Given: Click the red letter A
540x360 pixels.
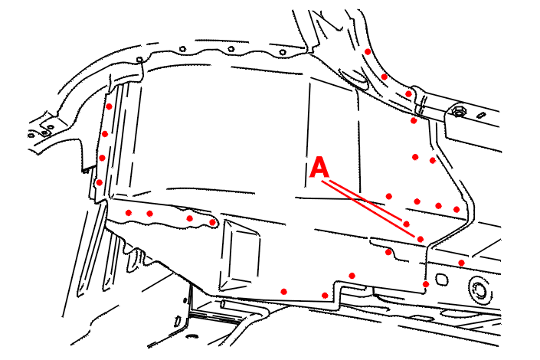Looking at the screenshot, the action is click(319, 167).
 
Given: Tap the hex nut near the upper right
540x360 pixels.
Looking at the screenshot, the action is click(458, 111).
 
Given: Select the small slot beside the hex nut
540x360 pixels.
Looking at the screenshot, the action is click(482, 115).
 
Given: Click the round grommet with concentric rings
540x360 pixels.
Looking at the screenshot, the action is click(479, 290).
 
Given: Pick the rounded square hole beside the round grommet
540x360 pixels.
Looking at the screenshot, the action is click(441, 279).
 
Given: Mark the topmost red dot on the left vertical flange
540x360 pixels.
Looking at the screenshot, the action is click(109, 106).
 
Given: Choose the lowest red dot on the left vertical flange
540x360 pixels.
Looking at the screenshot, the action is click(99, 182).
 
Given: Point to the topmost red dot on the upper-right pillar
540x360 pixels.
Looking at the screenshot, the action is click(368, 51).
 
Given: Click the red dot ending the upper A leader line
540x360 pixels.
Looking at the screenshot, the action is click(407, 224).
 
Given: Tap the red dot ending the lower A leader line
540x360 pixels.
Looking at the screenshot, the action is click(421, 239).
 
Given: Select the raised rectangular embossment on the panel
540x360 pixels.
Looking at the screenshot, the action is click(240, 256).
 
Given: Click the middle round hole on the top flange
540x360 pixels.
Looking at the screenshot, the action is click(231, 49).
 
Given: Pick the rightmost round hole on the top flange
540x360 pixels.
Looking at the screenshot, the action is click(283, 52).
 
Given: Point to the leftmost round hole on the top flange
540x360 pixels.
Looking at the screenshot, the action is click(183, 49).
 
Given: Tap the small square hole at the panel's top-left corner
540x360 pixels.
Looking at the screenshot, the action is click(139, 60).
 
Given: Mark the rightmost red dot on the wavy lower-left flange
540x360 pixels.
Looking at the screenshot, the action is click(212, 223).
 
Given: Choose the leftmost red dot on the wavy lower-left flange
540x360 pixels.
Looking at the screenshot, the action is click(129, 213).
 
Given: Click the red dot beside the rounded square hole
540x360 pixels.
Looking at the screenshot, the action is click(426, 284).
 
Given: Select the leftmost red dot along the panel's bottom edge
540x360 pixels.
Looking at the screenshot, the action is click(283, 292).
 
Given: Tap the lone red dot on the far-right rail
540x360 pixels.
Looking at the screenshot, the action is click(461, 263).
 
